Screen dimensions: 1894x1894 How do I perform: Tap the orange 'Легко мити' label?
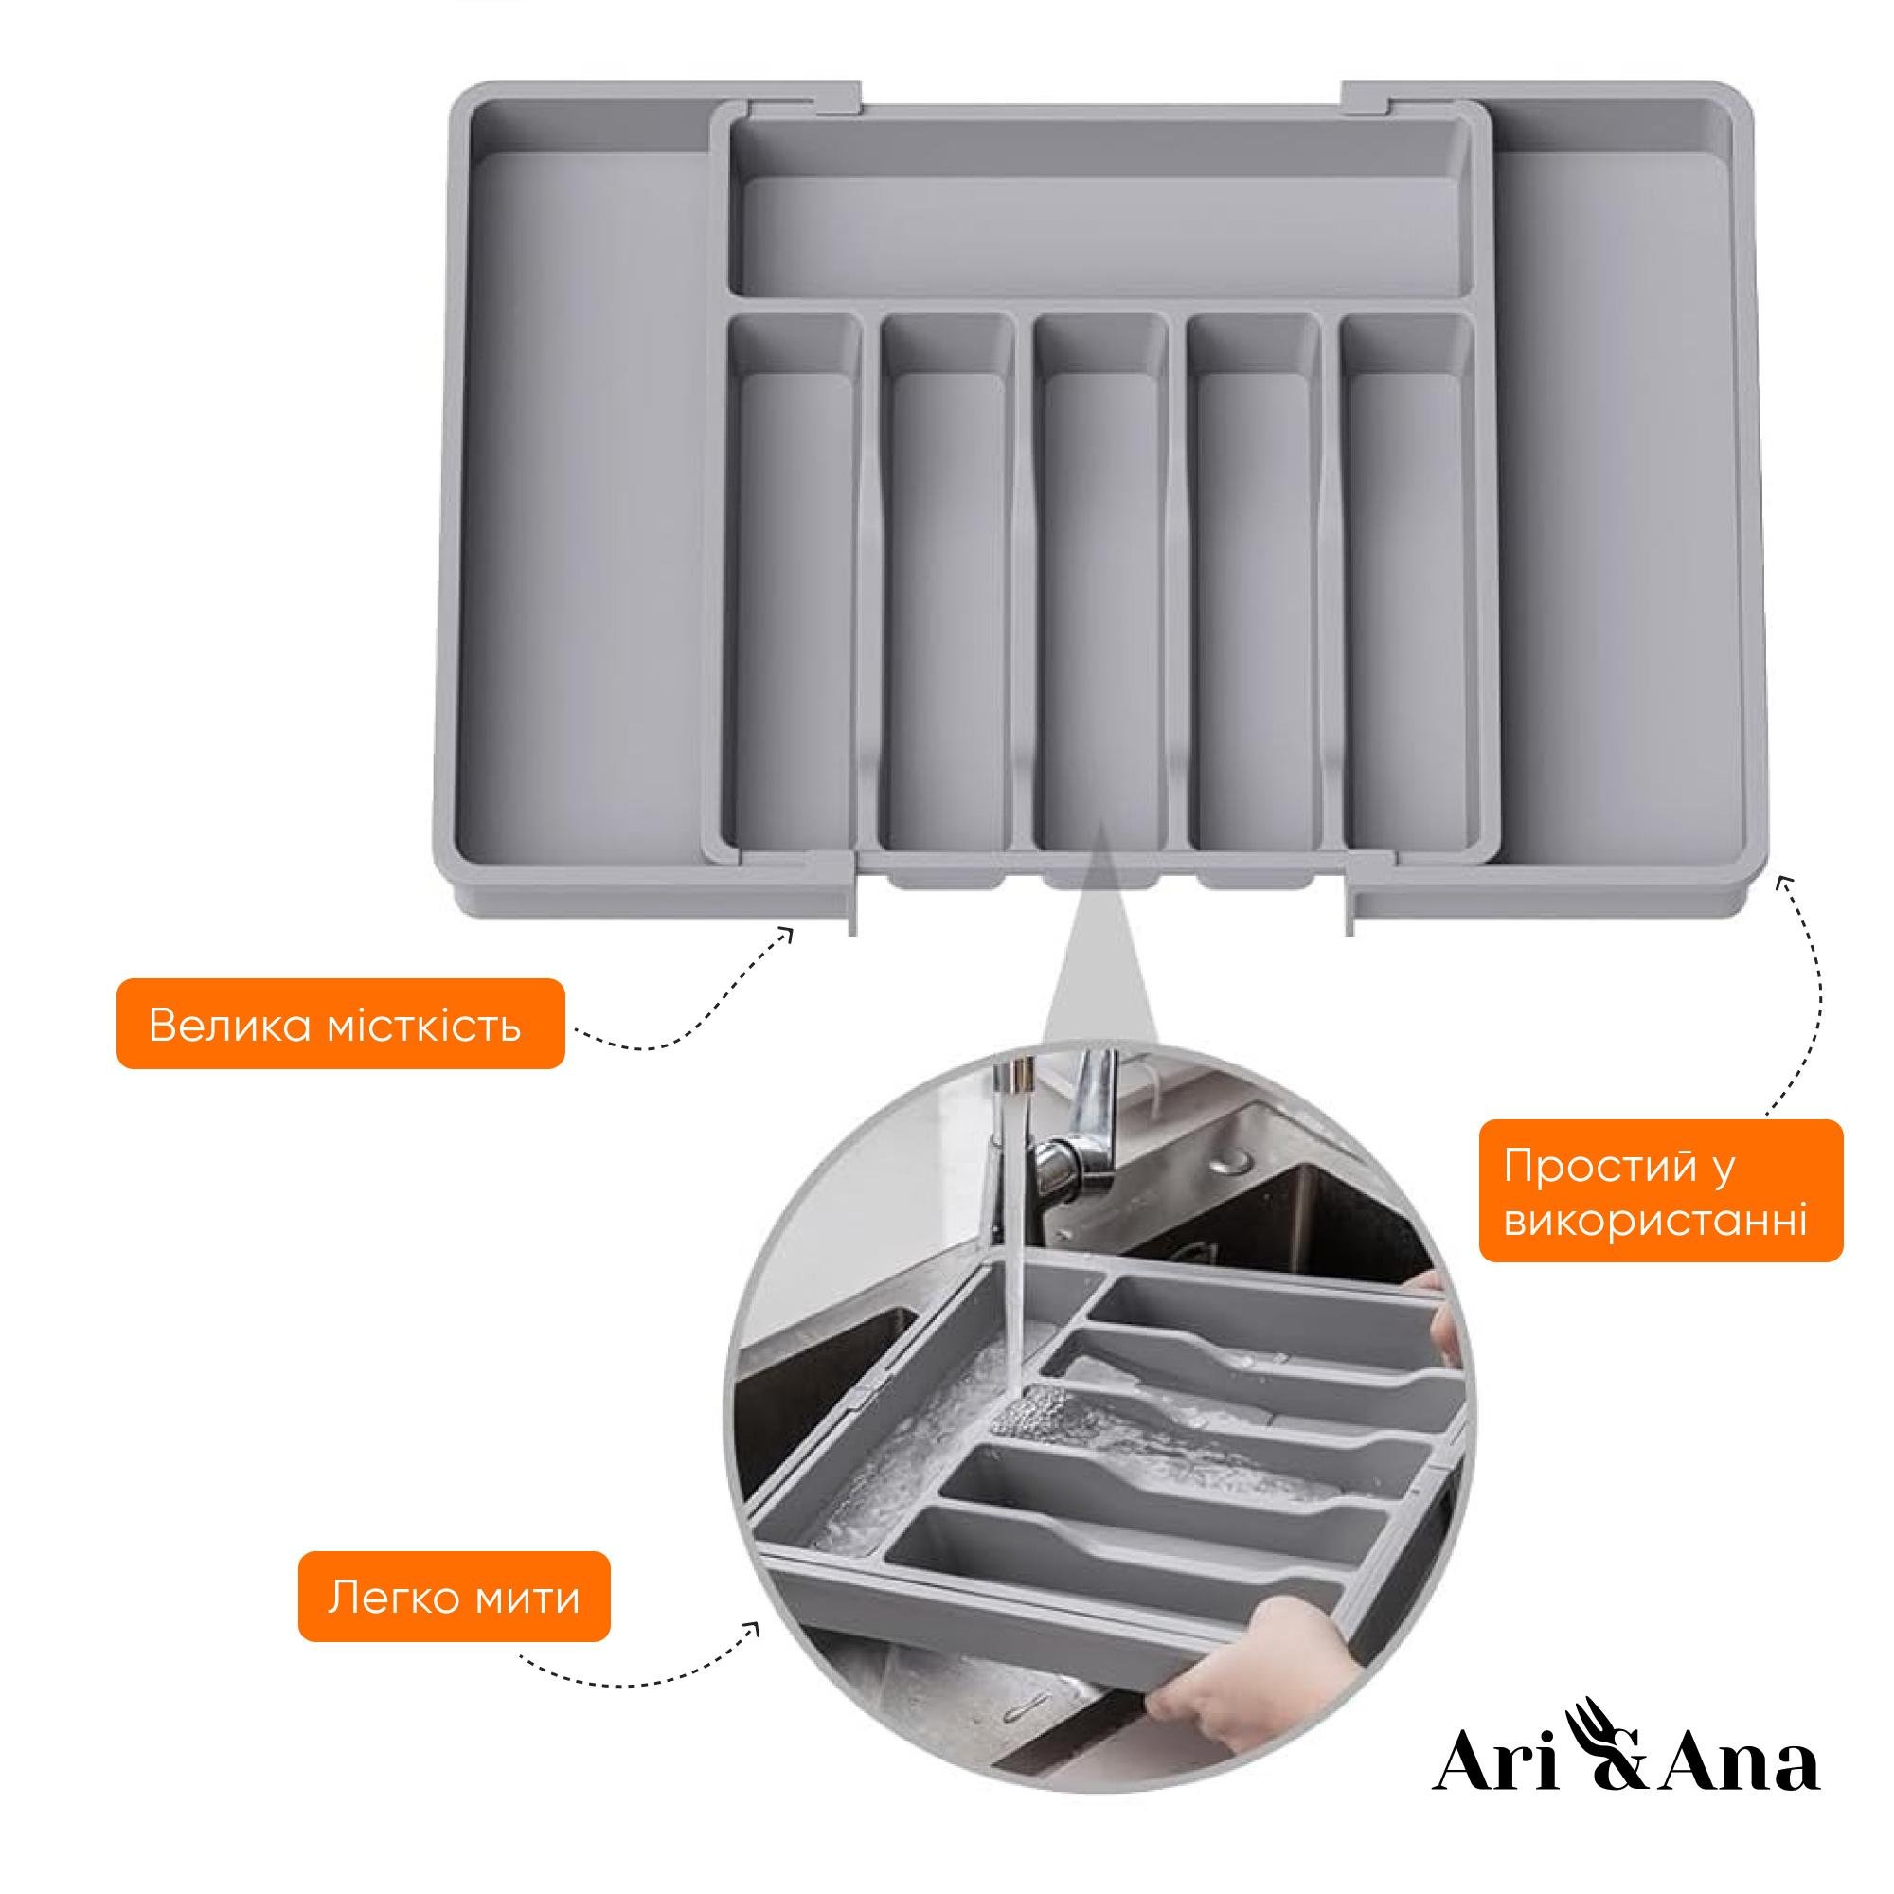tap(454, 1598)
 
